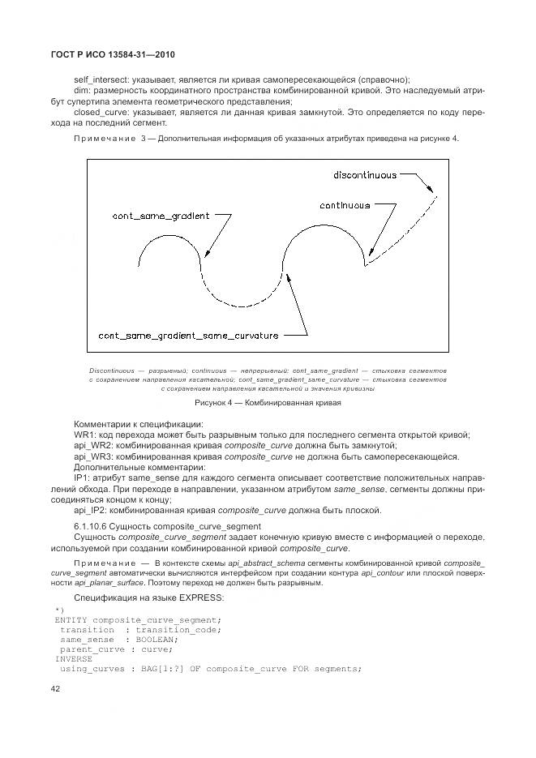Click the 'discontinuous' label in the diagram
tap(365, 174)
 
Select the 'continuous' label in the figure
tap(345, 205)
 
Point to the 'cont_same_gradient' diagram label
tap(161, 216)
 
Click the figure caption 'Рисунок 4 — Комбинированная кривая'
tap(268, 402)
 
